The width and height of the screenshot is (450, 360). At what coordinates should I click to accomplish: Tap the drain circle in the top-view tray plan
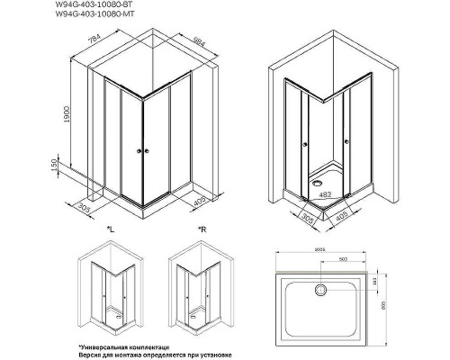[x=319, y=290]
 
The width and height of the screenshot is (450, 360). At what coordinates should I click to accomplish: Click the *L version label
[x=110, y=232]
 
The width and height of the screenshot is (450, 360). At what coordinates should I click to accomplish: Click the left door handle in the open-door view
[x=307, y=141]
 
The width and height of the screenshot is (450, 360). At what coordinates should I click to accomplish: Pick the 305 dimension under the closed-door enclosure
[x=85, y=208]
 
